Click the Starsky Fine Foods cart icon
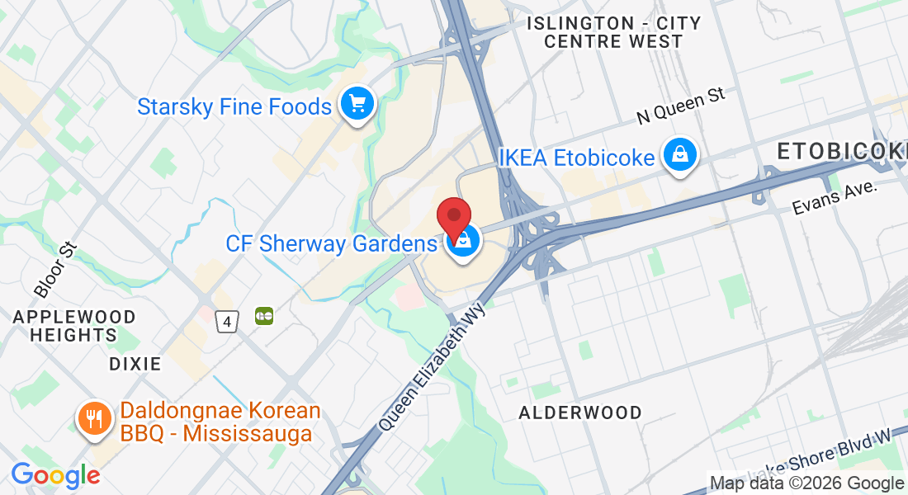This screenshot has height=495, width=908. click(x=357, y=106)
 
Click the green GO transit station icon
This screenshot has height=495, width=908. click(x=264, y=316)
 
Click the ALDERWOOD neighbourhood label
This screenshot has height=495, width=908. click(x=579, y=412)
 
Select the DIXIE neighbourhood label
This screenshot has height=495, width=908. click(x=135, y=364)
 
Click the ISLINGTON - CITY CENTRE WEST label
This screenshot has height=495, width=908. click(x=613, y=32)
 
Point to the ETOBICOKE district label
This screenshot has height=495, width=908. click(x=842, y=152)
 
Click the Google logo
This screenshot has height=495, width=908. click(x=55, y=475)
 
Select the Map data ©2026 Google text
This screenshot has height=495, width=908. click(x=806, y=483)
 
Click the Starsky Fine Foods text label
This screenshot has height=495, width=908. click(x=234, y=106)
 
